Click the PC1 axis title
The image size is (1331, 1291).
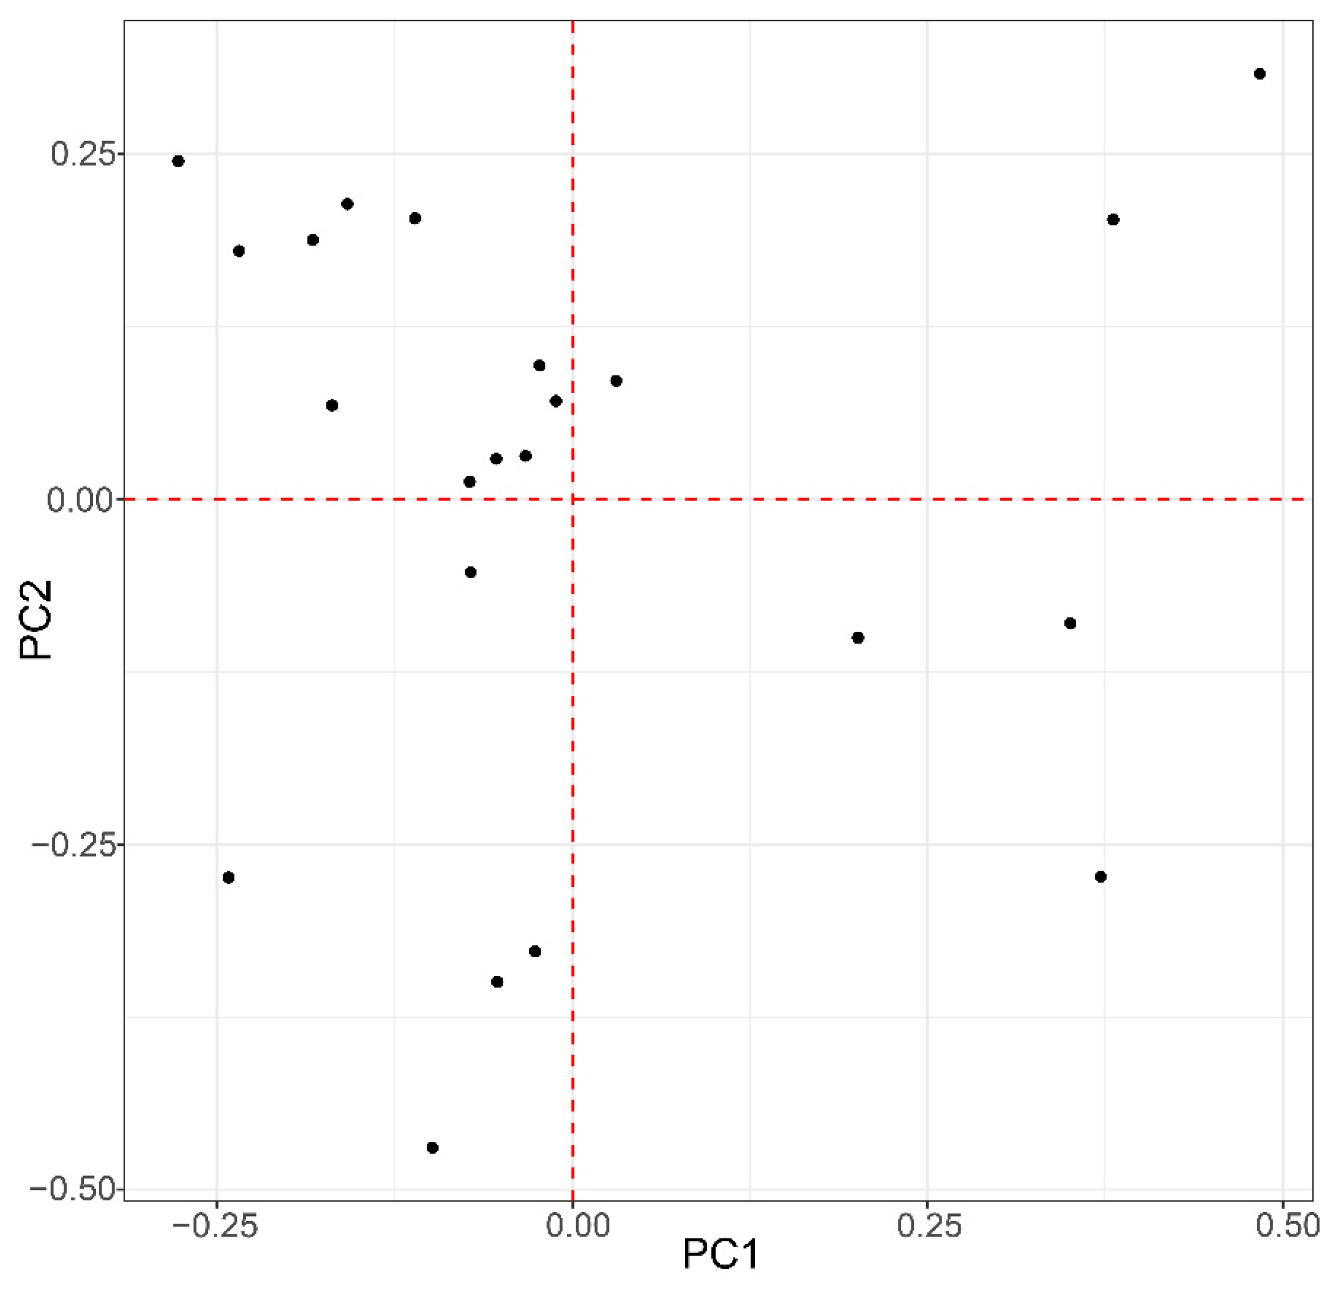(721, 1254)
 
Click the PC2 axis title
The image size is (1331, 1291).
(35, 619)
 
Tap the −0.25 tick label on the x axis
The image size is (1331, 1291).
(216, 1226)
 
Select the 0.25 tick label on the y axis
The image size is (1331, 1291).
(79, 154)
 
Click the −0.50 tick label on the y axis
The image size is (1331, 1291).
(70, 1190)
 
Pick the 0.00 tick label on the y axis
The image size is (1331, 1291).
(78, 500)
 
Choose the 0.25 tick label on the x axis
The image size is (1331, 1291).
(929, 1226)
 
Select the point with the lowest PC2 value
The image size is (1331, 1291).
(433, 1148)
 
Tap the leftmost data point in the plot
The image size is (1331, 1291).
(178, 161)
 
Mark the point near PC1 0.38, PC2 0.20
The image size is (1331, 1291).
(1113, 219)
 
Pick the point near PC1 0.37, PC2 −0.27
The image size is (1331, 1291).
(1101, 876)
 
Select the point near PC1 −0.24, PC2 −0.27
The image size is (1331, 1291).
(229, 878)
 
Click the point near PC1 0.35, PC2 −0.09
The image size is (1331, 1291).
(1070, 623)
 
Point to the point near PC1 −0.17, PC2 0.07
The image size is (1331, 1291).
(332, 405)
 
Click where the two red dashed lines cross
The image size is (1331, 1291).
(572, 499)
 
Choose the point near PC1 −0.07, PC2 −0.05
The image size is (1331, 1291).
(471, 572)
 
